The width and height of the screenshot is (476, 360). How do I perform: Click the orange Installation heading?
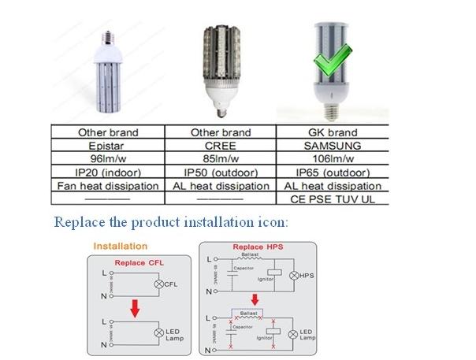click(120, 247)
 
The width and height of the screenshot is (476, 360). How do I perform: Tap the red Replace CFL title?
click(139, 262)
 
